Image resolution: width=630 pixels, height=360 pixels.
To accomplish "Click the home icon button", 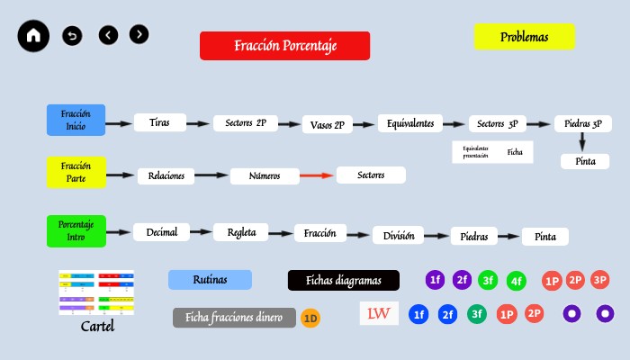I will point(34,36).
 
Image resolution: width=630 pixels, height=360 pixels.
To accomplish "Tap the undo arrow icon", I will point(72,36).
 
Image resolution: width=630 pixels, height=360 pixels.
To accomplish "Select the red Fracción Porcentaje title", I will point(284,46).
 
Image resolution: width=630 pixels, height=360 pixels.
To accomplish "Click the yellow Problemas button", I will point(524,37).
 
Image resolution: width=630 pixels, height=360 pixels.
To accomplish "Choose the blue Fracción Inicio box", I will point(76,120).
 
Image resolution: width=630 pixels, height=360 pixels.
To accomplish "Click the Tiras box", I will point(159,121).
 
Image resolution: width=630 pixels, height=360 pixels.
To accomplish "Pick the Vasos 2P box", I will point(331,125).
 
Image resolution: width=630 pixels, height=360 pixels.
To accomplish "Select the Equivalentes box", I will point(411,123).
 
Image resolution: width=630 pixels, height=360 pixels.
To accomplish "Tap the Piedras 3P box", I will point(584,123).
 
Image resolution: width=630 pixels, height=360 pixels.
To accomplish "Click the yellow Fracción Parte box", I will point(76,172).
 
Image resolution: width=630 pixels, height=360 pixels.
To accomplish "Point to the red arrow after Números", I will point(317,175).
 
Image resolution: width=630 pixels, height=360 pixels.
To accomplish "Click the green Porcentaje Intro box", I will point(76,229).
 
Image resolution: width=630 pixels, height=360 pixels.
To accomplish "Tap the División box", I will point(398,236).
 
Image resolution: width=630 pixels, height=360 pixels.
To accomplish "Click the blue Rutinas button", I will point(210,280).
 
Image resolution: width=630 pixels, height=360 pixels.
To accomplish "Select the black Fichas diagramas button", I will point(343,280).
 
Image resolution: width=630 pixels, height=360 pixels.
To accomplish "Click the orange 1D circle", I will point(310,318).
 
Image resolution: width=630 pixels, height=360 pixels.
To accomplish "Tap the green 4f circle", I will point(517,282).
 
